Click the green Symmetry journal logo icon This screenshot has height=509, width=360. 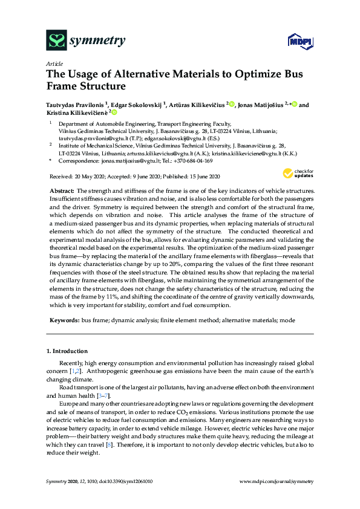point(56,41)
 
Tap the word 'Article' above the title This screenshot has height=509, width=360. point(54,63)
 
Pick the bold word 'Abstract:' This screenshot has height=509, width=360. point(62,190)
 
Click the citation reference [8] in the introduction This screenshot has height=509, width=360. point(110,444)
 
